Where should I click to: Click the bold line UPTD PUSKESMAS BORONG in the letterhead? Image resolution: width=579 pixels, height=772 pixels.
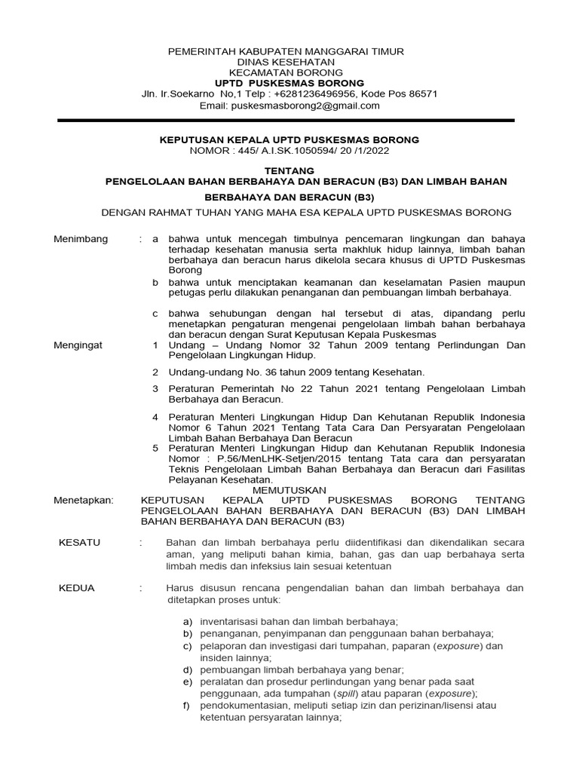(289, 83)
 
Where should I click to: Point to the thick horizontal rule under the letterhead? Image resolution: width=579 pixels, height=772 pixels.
(286, 121)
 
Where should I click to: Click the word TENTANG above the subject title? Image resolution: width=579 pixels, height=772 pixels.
(289, 171)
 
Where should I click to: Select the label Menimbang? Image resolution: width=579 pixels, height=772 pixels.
(81, 239)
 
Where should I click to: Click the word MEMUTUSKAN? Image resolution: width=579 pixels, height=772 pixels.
(289, 490)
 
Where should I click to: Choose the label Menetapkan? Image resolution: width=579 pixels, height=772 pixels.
(83, 500)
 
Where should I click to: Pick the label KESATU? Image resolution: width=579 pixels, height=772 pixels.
(79, 542)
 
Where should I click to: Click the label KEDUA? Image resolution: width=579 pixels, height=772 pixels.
(77, 587)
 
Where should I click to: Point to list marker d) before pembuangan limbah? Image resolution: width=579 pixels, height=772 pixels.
(188, 669)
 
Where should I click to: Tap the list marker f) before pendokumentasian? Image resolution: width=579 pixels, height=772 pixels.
(187, 706)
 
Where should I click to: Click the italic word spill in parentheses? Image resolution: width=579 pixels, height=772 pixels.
(344, 694)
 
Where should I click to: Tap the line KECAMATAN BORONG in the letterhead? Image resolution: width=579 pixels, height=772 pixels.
(289, 72)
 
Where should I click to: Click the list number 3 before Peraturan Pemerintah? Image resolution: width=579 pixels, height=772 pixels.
(155, 388)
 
